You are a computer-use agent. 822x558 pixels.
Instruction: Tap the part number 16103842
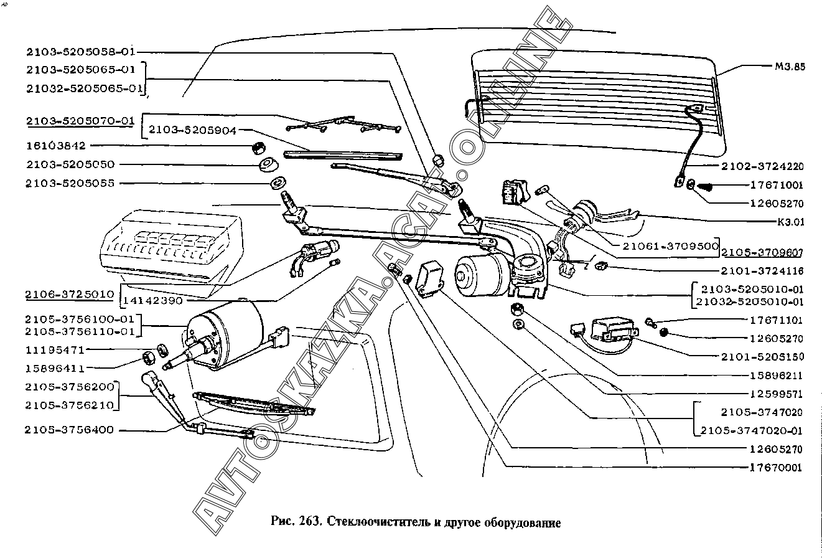coord(57,146)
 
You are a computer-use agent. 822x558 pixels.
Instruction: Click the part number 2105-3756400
coord(70,430)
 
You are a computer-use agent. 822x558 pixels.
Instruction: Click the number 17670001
coord(776,468)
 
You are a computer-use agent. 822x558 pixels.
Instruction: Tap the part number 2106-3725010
coord(70,293)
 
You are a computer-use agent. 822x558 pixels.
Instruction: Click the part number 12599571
coord(776,394)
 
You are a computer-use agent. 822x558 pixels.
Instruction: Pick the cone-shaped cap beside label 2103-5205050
coord(268,165)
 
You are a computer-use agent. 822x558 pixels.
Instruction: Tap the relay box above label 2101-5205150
coord(613,328)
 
